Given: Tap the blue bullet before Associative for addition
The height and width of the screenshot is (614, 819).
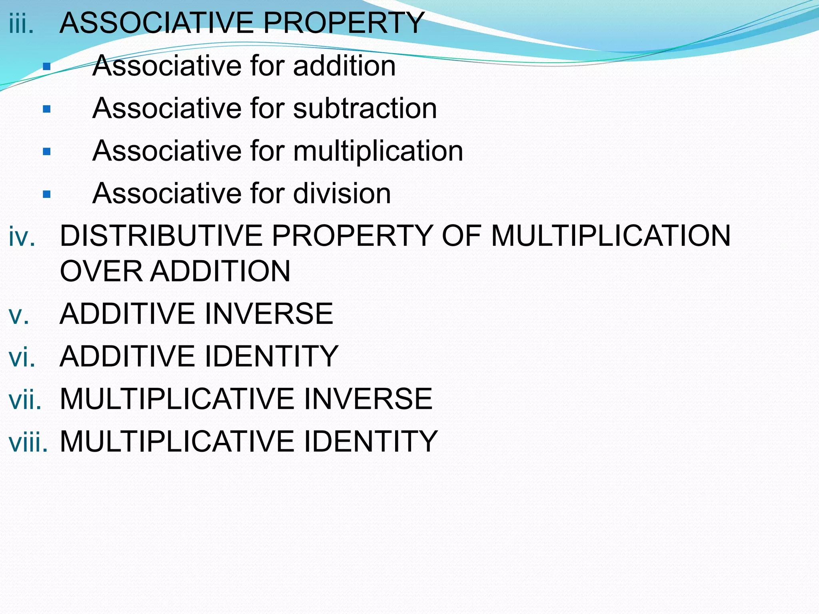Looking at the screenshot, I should (47, 66).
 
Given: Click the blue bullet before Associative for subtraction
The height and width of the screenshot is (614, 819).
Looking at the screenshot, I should (47, 109).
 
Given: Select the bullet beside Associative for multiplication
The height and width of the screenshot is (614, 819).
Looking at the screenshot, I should (47, 152).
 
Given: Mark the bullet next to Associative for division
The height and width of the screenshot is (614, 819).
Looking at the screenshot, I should (47, 194).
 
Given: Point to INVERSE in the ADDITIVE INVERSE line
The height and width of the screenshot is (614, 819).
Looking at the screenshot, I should (268, 314).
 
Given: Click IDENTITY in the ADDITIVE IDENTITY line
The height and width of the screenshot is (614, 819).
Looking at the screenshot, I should (271, 356).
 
